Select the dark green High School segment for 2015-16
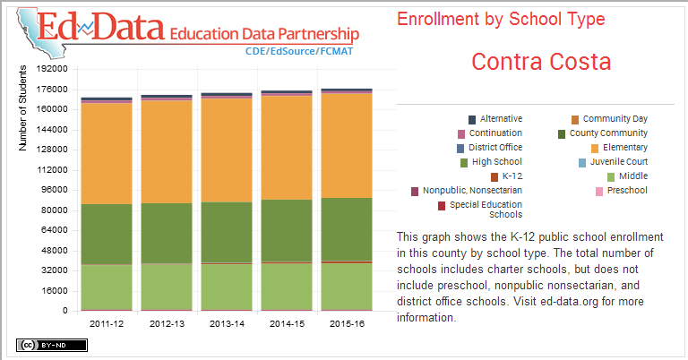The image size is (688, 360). (346, 228)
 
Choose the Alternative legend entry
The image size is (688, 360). (500, 119)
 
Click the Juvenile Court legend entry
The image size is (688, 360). (613, 162)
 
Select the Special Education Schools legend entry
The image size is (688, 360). (486, 210)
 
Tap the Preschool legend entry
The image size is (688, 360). (626, 191)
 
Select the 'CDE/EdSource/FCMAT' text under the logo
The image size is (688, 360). (301, 52)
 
